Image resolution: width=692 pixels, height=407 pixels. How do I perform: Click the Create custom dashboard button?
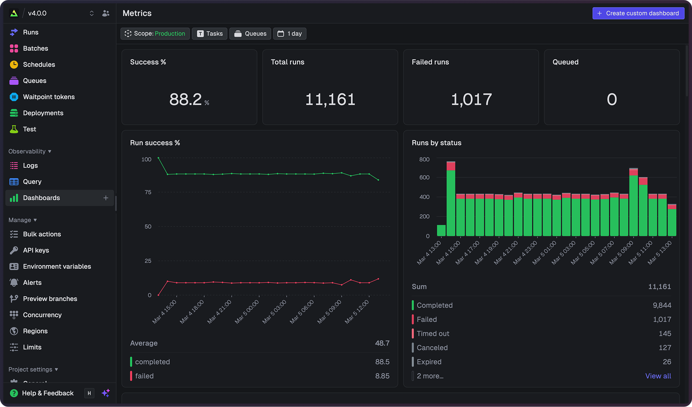[x=638, y=13]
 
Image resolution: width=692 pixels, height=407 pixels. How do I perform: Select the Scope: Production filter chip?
[x=155, y=33]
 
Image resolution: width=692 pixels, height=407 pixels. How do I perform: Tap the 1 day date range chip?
[x=290, y=33]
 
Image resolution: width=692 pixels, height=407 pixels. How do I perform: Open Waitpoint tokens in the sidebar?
[x=49, y=97]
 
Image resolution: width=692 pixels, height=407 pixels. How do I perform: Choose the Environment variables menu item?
[x=57, y=266]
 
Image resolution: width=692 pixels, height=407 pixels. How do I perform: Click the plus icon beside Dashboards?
[x=106, y=198]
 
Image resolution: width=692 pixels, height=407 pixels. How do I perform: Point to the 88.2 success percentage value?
[x=186, y=100]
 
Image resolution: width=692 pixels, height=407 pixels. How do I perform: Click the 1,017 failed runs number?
[x=471, y=100]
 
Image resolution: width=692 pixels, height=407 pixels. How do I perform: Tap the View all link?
[x=658, y=376]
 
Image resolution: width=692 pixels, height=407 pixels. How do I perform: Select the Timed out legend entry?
[x=432, y=334]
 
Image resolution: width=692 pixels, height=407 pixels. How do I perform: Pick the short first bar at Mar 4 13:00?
[x=441, y=230]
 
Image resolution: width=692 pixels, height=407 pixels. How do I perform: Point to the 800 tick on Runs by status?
[x=424, y=159]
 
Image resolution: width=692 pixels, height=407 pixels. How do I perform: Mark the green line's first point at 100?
[x=158, y=158]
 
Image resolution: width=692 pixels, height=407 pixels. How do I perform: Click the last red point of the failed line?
[x=378, y=279]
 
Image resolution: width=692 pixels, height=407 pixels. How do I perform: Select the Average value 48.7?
[x=382, y=343]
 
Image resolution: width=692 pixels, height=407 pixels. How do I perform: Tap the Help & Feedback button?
[x=47, y=393]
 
